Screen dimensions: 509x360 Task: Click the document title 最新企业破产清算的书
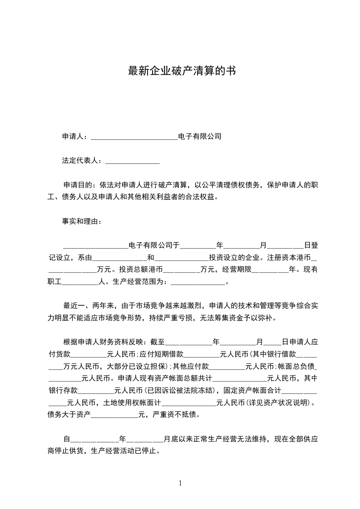182,71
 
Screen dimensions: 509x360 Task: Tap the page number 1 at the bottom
180,483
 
